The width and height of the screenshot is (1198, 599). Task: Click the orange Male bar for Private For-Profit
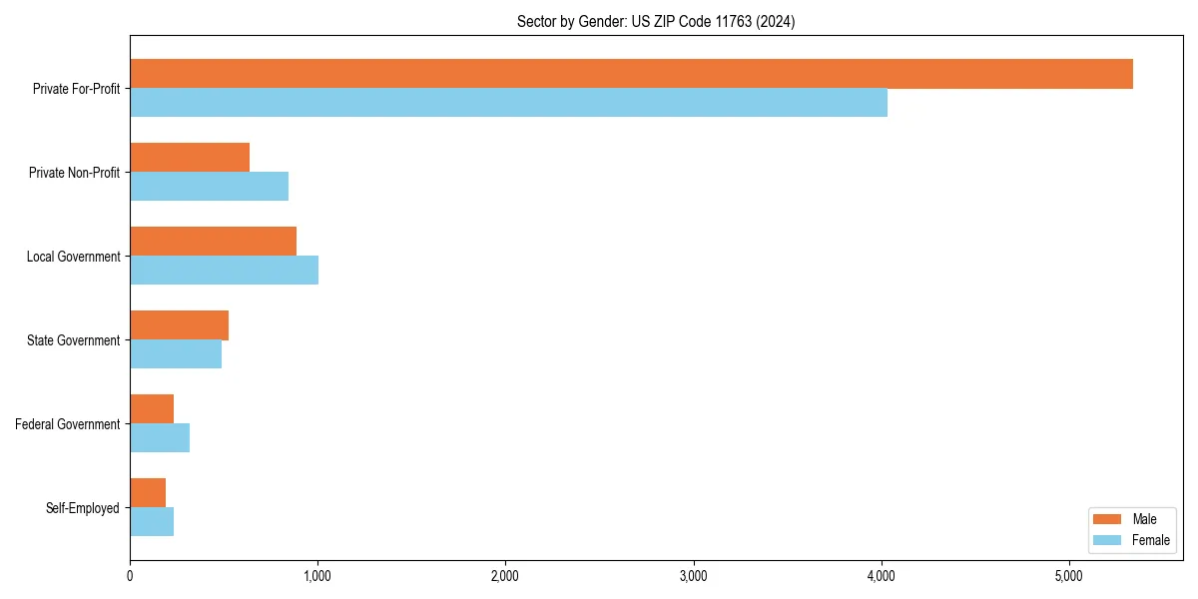click(631, 74)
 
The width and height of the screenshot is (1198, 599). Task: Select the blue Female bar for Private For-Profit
click(508, 103)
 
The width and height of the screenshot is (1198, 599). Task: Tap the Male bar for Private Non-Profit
click(190, 158)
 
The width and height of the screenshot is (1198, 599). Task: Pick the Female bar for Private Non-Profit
click(209, 187)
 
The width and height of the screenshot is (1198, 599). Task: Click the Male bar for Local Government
click(213, 242)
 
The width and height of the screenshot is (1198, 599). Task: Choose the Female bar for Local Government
click(224, 271)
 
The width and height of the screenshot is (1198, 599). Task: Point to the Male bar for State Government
click(179, 325)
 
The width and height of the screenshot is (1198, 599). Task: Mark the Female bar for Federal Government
click(160, 438)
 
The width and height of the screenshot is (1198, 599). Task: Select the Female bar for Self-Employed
click(152, 522)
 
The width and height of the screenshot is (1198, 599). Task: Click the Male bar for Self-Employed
click(148, 493)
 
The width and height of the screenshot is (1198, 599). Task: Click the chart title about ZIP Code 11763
click(656, 21)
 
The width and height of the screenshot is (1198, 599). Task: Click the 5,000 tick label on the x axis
click(1068, 576)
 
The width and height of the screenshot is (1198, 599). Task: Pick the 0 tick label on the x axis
click(130, 576)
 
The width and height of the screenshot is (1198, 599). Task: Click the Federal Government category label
click(68, 424)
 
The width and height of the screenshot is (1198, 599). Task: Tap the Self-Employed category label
click(83, 508)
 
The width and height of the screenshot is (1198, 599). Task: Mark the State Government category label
click(74, 340)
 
